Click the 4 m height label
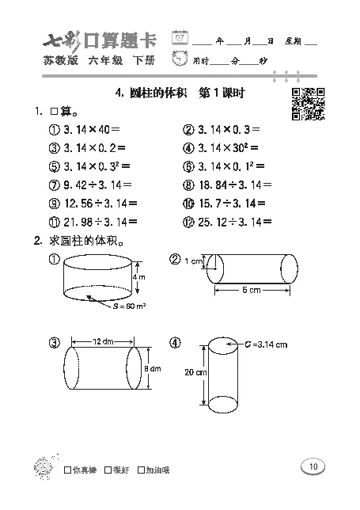coord(138,278)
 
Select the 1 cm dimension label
coord(192,261)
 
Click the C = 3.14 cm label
coord(267,344)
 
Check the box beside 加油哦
coord(141,470)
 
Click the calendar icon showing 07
coord(180,39)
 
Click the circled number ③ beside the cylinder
coord(54,343)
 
